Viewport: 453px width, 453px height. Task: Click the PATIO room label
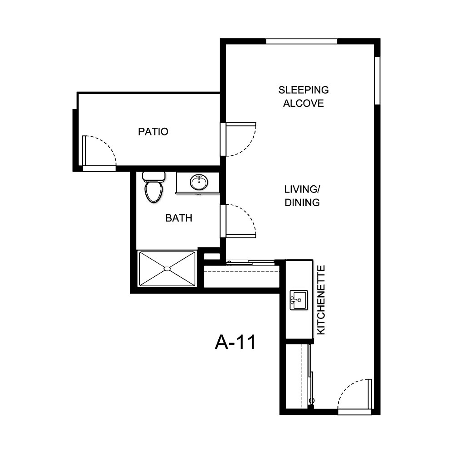point(153,132)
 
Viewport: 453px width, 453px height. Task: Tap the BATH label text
point(178,218)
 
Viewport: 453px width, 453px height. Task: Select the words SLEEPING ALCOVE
point(304,96)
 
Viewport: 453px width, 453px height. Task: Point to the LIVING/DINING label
point(302,196)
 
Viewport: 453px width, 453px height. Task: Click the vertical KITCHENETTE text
point(322,300)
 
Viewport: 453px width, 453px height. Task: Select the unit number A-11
point(235,343)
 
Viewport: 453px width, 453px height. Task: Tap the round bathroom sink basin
point(199,183)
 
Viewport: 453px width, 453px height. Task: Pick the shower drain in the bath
point(167,269)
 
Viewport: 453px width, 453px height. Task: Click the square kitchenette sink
point(299,300)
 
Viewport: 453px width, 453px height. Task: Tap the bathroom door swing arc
point(241,221)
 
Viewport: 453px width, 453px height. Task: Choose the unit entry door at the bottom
point(355,395)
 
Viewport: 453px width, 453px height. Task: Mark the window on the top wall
point(302,41)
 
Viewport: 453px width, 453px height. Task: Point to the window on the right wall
point(377,81)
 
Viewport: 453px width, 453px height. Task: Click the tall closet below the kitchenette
point(296,376)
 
